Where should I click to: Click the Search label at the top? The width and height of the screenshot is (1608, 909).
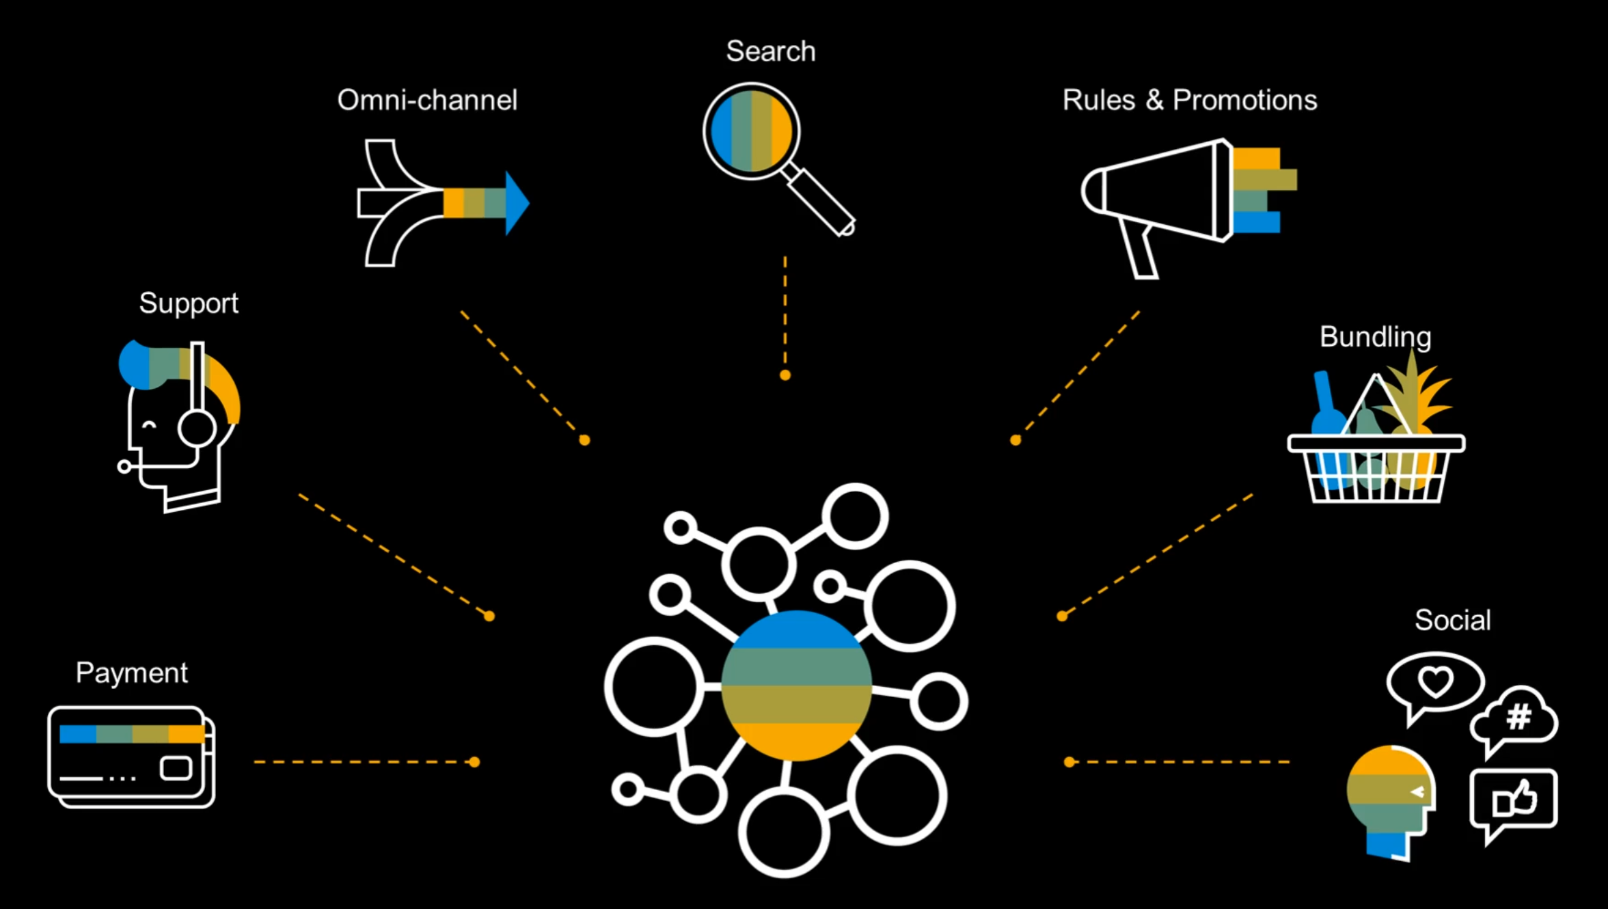click(x=770, y=51)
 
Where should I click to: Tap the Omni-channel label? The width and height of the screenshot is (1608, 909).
click(x=427, y=100)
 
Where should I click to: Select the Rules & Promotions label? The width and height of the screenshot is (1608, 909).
click(x=1189, y=100)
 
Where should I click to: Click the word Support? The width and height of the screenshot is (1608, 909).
click(x=189, y=303)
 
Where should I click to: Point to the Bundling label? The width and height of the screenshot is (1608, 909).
click(x=1375, y=336)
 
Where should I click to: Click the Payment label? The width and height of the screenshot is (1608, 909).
click(x=131, y=673)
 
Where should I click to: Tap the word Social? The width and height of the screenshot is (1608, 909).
click(x=1452, y=620)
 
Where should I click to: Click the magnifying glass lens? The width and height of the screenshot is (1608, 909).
click(x=751, y=131)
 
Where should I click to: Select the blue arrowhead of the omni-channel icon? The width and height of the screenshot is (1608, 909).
click(x=517, y=203)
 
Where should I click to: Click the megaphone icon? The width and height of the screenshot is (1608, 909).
click(x=1162, y=191)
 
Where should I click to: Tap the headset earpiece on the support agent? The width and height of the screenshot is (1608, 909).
click(x=197, y=429)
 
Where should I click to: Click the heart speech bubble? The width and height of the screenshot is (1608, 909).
click(x=1434, y=681)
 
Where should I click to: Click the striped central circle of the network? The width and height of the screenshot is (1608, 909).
click(x=796, y=686)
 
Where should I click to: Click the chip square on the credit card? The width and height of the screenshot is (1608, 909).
click(x=176, y=768)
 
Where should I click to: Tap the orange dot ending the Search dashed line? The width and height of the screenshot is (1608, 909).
click(x=785, y=375)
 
